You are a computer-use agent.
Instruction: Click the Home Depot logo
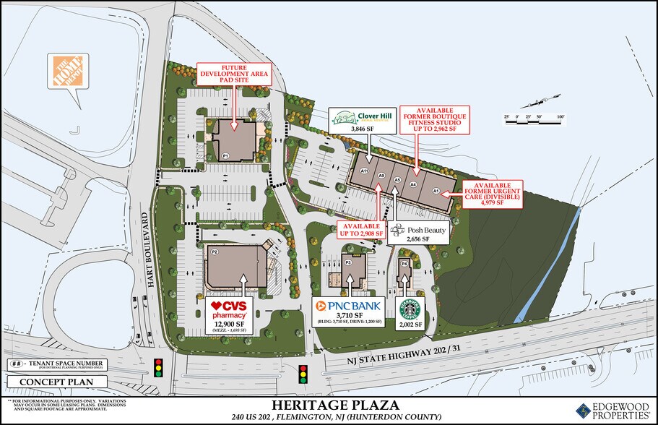[x=68, y=72]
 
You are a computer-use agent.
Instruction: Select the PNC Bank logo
[x=349, y=306]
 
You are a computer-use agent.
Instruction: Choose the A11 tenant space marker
[x=365, y=171]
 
